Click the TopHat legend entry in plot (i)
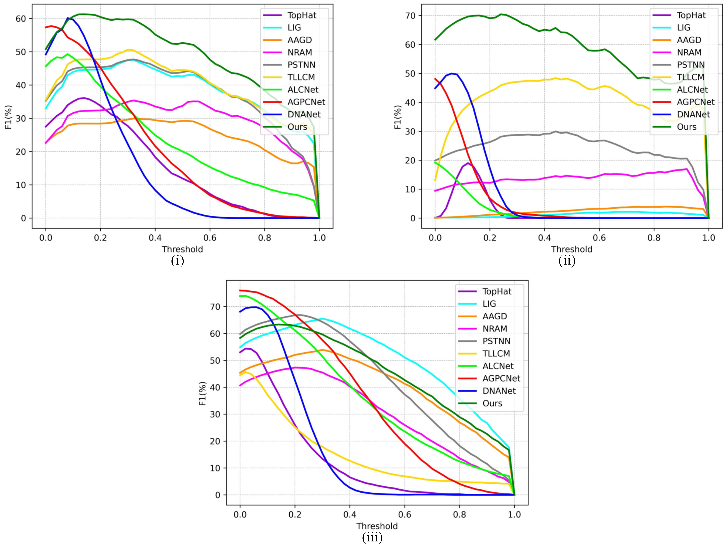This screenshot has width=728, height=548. pyautogui.click(x=301, y=15)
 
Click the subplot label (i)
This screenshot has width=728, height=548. pyautogui.click(x=177, y=261)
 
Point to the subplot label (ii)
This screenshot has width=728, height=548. pyautogui.click(x=567, y=261)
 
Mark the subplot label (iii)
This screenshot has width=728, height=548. pyautogui.click(x=372, y=538)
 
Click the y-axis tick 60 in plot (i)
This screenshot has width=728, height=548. pyautogui.click(x=20, y=19)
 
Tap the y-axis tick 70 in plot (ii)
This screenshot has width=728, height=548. pyautogui.click(x=410, y=16)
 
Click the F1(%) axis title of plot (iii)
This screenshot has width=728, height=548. pyautogui.click(x=203, y=393)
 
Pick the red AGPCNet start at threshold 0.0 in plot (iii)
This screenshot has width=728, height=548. pyautogui.click(x=240, y=290)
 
